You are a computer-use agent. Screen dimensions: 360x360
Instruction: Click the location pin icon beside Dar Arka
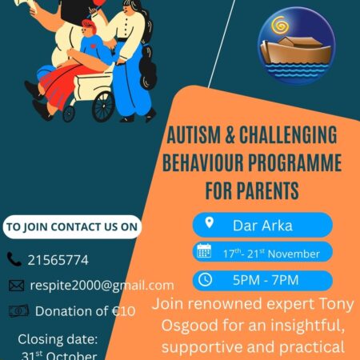(x=210, y=223)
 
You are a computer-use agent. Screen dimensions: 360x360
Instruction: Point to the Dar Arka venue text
(x=266, y=225)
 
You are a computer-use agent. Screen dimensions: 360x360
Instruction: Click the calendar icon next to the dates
(x=205, y=252)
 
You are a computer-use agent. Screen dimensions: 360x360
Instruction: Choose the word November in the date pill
(x=293, y=254)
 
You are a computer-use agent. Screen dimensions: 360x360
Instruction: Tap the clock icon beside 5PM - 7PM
(x=205, y=280)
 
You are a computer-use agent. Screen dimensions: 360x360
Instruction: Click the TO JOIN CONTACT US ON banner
(x=71, y=226)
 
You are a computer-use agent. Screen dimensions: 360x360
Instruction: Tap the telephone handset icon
(x=15, y=259)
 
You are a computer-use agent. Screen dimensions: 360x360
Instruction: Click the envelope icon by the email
(x=16, y=285)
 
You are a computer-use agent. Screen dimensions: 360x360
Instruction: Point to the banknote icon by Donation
(x=18, y=311)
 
